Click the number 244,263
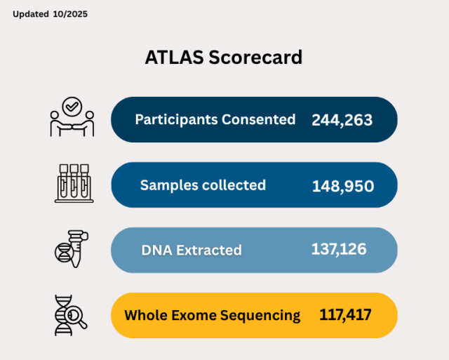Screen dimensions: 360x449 [x=342, y=120]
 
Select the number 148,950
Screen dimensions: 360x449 [x=342, y=186]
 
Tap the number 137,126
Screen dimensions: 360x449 [x=338, y=248]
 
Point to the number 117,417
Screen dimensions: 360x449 [x=345, y=315]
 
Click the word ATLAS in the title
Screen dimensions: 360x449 [x=175, y=58]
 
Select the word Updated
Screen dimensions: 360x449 [x=31, y=14]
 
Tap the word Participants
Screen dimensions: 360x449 [x=175, y=120]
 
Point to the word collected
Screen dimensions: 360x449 [x=234, y=185]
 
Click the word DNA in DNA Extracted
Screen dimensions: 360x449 [x=156, y=250]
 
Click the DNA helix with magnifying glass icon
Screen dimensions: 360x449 [x=70, y=313]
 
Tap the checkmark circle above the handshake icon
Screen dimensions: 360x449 [x=72, y=106]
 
